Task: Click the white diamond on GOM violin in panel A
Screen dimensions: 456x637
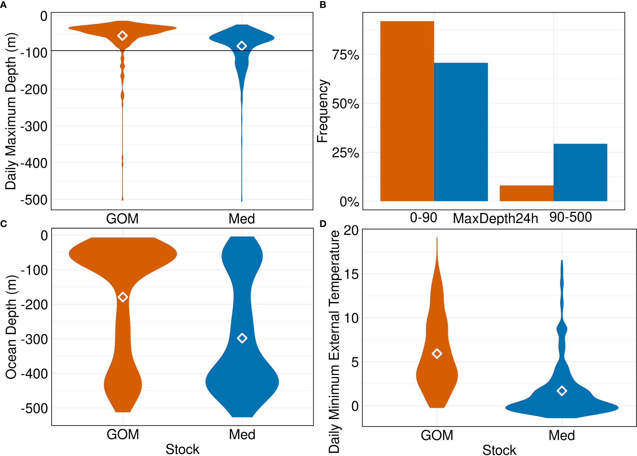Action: (122, 36)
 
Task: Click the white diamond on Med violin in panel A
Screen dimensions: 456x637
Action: (242, 46)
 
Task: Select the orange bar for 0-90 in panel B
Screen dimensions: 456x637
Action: (407, 111)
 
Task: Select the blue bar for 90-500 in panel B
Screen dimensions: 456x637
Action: (580, 172)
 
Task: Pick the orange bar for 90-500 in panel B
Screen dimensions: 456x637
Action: (526, 193)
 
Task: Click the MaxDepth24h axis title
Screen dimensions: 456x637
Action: (495, 219)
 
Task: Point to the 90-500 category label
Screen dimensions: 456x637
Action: (570, 217)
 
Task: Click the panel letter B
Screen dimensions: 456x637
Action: (323, 5)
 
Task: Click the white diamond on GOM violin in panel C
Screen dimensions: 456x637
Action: (123, 297)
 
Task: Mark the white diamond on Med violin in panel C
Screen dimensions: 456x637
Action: (242, 338)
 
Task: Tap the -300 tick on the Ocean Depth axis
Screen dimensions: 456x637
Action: (34, 339)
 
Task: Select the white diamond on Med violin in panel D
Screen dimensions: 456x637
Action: (562, 391)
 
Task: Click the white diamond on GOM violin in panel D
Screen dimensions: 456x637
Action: (437, 353)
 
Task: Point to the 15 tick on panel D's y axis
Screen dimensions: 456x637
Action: (351, 274)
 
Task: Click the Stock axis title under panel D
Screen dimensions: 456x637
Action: (499, 450)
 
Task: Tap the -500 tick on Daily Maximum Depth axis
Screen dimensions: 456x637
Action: (34, 200)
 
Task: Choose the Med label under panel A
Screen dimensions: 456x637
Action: (242, 219)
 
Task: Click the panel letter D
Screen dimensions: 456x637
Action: (323, 224)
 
